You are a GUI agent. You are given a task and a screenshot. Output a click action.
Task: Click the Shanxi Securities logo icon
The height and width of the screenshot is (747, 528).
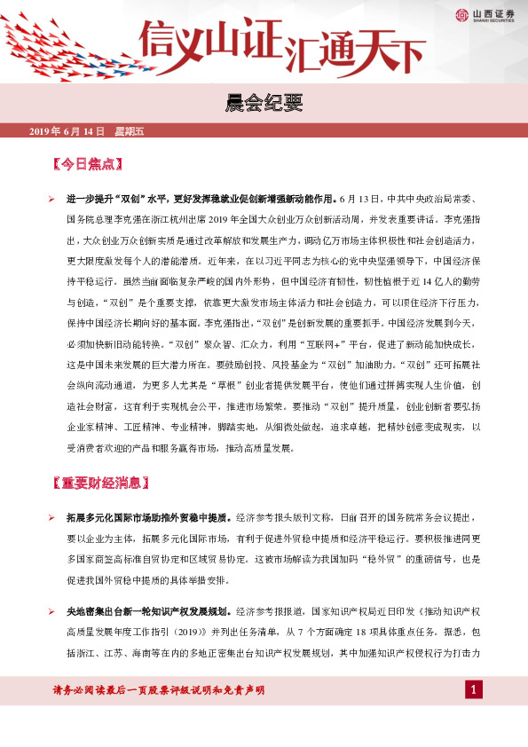461,13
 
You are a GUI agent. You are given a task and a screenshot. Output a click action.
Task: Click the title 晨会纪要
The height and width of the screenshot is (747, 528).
264,106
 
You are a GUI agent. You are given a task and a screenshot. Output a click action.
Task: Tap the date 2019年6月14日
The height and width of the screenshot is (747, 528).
67,131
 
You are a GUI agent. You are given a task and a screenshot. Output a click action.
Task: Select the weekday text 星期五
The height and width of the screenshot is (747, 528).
129,131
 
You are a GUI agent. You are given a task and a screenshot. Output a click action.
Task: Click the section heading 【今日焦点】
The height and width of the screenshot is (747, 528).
86,164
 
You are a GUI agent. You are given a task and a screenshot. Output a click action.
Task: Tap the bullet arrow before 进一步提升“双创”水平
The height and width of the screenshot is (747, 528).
51,199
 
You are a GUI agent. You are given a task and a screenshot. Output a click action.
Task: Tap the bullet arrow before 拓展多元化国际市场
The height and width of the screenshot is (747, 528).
51,516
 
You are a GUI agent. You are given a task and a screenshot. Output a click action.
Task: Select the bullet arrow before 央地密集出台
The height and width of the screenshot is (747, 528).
51,610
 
